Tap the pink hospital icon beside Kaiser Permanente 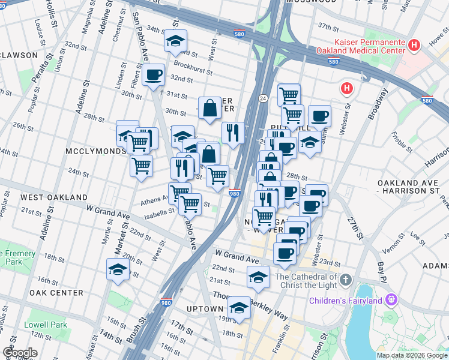coord(413,45)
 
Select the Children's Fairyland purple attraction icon coord(391,298)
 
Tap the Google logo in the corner coord(20,353)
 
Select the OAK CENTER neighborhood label coord(56,292)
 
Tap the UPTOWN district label coord(205,309)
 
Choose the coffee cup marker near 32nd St coord(154,74)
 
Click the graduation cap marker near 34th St coord(175,41)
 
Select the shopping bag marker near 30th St coord(210,108)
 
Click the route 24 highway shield coord(263,98)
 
